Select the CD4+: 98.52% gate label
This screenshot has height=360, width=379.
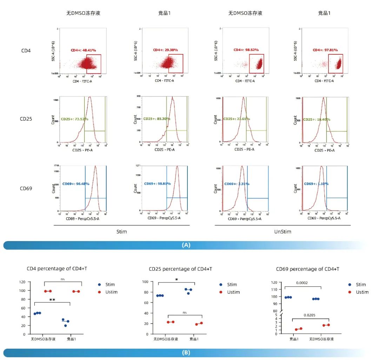tap(246, 50)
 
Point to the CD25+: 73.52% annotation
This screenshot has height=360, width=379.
tap(74, 119)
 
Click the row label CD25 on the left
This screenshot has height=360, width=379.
tap(26, 119)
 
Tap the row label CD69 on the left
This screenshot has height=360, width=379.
tap(26, 188)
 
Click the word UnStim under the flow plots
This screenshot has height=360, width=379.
tap(282, 232)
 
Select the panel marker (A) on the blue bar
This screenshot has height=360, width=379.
tap(186, 245)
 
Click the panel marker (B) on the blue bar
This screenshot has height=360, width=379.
tap(186, 353)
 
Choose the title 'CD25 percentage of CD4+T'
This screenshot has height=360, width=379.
tap(180, 269)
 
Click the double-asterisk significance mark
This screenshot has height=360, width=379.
tap(52, 300)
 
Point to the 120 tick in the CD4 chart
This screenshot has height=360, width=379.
tap(22, 282)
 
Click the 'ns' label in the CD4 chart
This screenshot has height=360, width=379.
tap(63, 279)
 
